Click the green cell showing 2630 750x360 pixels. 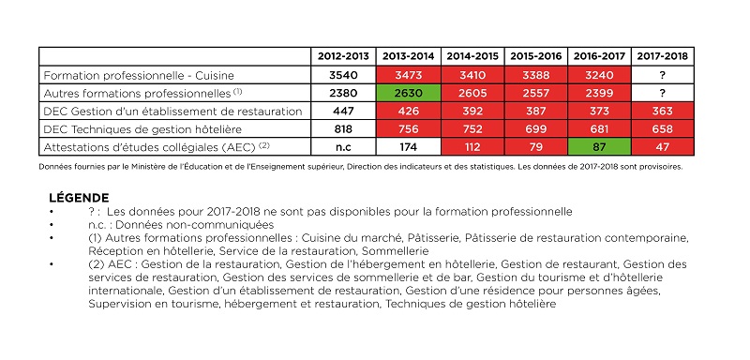(407, 93)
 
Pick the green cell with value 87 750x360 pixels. (600, 146)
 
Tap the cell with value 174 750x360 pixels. (407, 146)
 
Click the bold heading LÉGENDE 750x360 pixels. (79, 198)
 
